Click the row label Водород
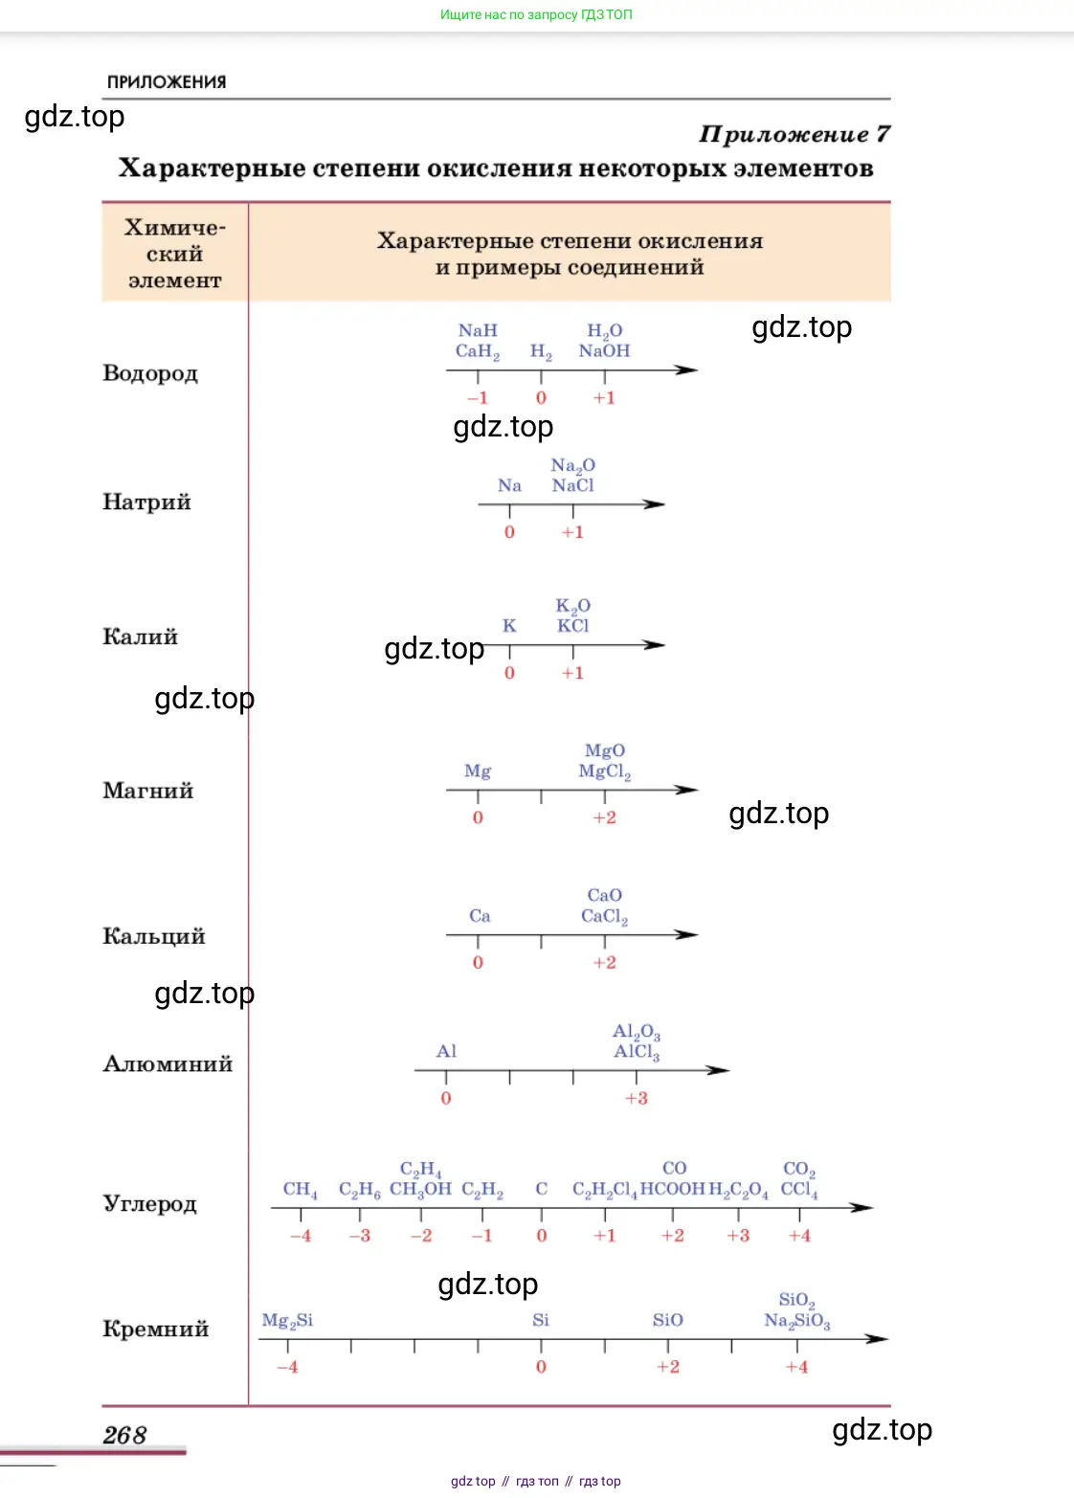tap(150, 373)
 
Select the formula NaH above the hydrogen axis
tap(478, 330)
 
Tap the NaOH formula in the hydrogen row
tap(604, 351)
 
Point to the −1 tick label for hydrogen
tap(478, 398)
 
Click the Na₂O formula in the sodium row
tap(572, 465)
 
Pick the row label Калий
tap(141, 637)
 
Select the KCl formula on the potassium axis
tap(572, 626)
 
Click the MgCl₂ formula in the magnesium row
tap(604, 771)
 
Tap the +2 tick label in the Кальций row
tap(604, 963)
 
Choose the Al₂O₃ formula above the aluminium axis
tap(637, 1032)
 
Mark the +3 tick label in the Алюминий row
tap(637, 1099)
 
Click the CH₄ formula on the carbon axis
tap(300, 1190)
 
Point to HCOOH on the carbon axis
tap(672, 1190)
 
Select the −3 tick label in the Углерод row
tap(360, 1236)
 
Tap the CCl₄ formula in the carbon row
tap(799, 1190)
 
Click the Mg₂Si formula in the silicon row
tap(287, 1321)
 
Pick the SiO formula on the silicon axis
tap(667, 1321)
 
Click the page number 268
tap(124, 1435)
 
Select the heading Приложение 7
tap(794, 134)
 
